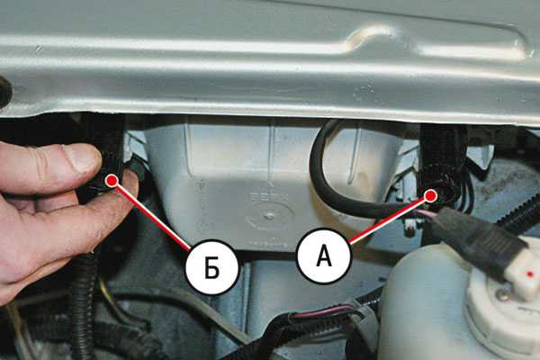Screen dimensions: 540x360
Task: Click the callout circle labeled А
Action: point(324,256)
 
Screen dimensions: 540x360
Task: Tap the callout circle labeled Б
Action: point(211,267)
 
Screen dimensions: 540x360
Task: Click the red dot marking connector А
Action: point(430,195)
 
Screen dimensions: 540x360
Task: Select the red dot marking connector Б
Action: point(112,180)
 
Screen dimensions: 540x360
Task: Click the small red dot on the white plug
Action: point(530,274)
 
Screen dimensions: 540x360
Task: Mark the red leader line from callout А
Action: point(390,220)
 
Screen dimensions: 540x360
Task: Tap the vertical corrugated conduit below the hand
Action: point(82,303)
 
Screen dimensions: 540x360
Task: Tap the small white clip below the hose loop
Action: point(409,228)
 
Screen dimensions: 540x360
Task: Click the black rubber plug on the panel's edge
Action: point(4,91)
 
